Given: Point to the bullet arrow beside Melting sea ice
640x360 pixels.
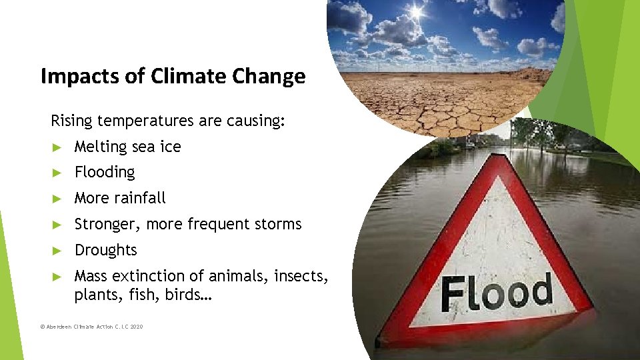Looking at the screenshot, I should pyautogui.click(x=57, y=147).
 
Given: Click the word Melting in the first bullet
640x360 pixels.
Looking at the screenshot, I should pyautogui.click(x=101, y=147).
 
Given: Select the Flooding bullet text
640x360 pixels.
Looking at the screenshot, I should pyautogui.click(x=105, y=172).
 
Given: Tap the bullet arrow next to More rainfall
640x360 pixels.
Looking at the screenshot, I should pyautogui.click(x=57, y=199).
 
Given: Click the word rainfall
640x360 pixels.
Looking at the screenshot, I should pyautogui.click(x=139, y=198).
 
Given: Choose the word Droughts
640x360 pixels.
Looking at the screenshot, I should pyautogui.click(x=105, y=250).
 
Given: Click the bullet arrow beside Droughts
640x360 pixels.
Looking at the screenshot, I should pyautogui.click(x=57, y=251).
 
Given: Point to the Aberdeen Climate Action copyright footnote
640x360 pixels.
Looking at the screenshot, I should pyautogui.click(x=91, y=327).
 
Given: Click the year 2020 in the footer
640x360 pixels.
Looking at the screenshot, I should pyautogui.click(x=136, y=327).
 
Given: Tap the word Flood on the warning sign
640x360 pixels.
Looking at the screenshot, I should pyautogui.click(x=497, y=293).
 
